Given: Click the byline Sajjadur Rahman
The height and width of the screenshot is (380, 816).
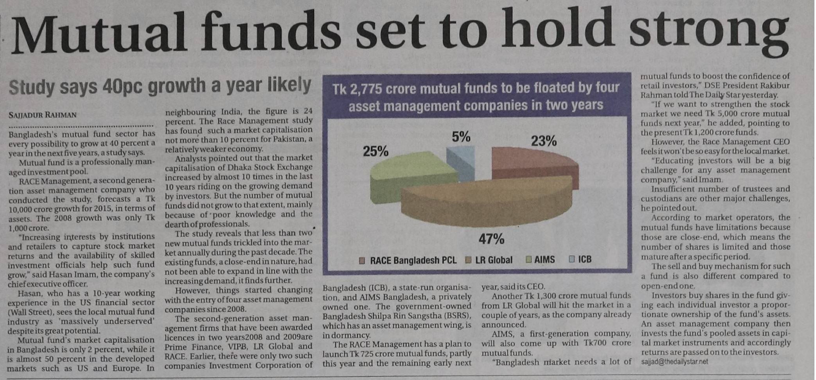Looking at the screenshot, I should coord(42,115).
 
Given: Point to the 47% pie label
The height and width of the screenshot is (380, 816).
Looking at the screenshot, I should coord(491,239).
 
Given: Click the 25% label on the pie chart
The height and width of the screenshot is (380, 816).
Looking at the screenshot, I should coord(375,151).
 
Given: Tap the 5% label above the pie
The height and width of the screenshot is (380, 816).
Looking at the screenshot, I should coord(461,137).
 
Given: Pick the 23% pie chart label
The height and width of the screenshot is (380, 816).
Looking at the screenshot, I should coord(543,141).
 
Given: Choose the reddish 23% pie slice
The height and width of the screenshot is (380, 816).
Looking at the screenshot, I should coord(536,164).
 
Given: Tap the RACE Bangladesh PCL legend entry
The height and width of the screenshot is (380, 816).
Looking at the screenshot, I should coord(413,260).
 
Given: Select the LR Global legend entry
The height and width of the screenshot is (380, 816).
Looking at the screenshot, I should coord(493,260).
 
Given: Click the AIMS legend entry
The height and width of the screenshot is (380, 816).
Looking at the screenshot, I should coord(544,259).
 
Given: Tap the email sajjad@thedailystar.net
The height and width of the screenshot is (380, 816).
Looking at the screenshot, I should coord(674,362).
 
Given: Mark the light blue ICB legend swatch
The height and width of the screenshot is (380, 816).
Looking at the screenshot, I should coord(572,259).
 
